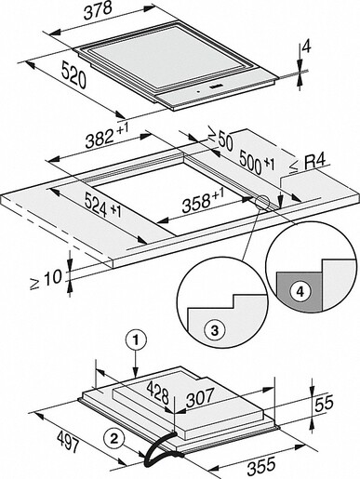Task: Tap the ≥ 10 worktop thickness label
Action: (40, 277)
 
